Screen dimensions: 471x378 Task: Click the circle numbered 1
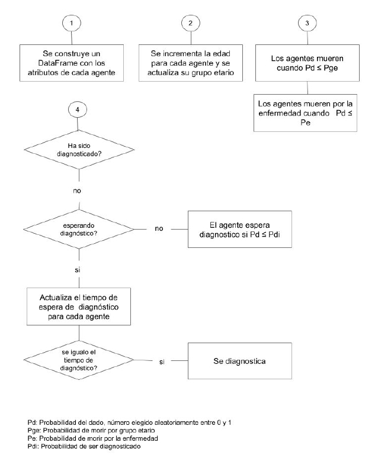(72, 23)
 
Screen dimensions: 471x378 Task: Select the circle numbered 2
(190, 23)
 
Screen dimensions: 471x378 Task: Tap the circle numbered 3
(306, 23)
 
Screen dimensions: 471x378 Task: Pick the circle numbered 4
(77, 110)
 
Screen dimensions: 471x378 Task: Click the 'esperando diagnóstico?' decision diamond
(77, 229)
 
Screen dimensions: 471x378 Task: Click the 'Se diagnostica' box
(239, 360)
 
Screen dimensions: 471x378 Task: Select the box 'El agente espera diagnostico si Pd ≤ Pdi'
(239, 230)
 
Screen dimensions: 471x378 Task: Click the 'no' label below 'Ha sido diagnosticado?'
(77, 191)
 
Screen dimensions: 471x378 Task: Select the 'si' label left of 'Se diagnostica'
(161, 361)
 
